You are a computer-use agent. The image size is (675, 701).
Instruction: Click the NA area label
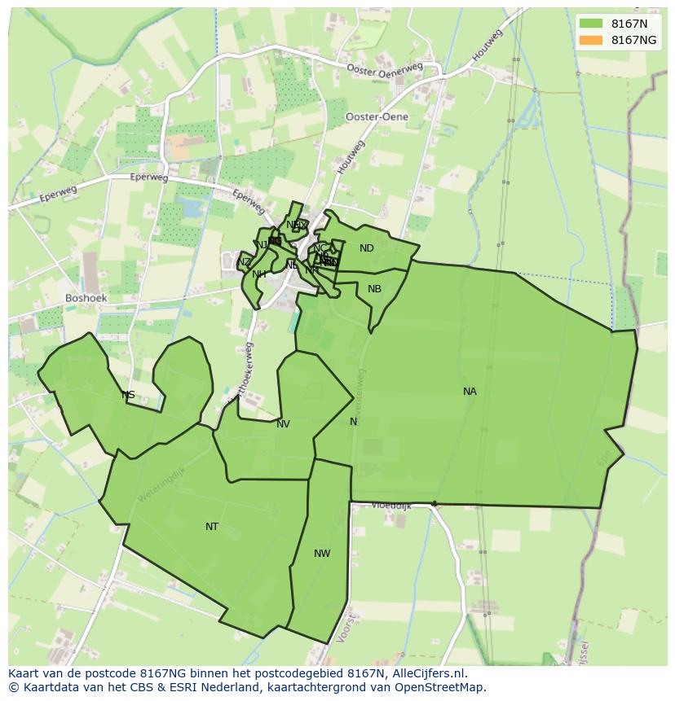(x=470, y=392)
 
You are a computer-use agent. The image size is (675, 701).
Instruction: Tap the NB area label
(x=374, y=289)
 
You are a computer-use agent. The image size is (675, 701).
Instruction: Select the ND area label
(x=367, y=248)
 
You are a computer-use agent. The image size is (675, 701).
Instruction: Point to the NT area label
(x=212, y=527)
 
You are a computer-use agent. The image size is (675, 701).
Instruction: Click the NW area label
(x=322, y=554)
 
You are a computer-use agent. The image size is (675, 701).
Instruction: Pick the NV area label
(x=283, y=424)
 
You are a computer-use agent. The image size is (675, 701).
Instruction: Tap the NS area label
(x=128, y=396)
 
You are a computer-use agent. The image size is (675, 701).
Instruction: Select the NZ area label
(x=245, y=262)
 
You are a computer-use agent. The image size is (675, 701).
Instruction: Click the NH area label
(x=259, y=274)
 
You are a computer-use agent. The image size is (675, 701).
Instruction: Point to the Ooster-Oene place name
(x=377, y=116)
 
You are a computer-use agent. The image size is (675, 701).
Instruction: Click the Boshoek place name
(x=86, y=298)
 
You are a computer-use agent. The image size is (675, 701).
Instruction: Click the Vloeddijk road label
(x=392, y=506)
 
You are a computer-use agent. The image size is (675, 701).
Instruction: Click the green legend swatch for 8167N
(x=591, y=24)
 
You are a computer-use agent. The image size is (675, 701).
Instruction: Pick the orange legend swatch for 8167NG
(x=591, y=40)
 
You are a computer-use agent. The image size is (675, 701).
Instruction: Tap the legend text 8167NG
(x=633, y=40)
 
